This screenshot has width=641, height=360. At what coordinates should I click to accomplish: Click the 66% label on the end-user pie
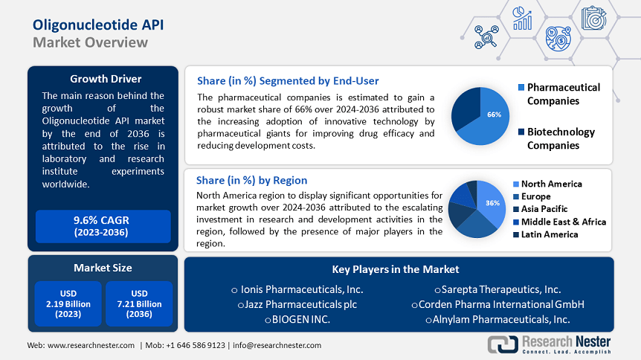coord(494,115)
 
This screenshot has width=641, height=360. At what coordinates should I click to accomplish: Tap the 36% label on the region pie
coord(491,203)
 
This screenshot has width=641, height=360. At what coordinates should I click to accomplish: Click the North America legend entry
coord(551,184)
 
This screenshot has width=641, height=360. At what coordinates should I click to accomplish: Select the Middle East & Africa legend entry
coord(563,222)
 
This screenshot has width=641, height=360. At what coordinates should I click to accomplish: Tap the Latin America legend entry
coord(549,234)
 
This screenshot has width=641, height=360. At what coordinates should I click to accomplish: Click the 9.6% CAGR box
coord(103,226)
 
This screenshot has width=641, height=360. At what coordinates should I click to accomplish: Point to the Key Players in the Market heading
coord(396,269)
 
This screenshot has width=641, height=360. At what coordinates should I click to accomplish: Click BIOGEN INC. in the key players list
coord(297,319)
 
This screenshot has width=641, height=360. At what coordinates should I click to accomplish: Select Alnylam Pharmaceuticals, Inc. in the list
coord(497,319)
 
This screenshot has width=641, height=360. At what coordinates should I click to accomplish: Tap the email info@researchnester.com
coord(277,345)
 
